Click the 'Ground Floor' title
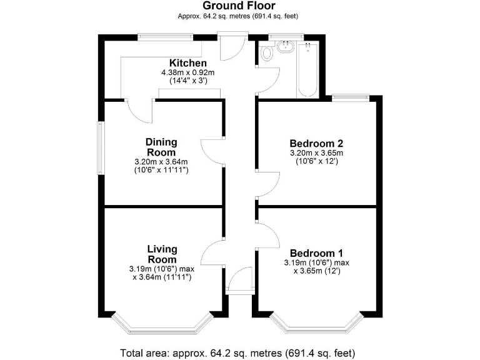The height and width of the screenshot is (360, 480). click(239, 6)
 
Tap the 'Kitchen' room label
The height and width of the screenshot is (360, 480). click(187, 63)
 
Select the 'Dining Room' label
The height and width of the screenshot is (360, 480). click(161, 147)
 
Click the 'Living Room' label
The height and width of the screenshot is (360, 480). click(162, 254)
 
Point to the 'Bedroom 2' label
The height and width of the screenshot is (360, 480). click(317, 142)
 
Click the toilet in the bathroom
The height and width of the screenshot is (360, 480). click(267, 54)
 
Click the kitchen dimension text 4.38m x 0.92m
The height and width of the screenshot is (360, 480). click(187, 72)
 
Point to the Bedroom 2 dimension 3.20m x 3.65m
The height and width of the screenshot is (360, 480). click(317, 152)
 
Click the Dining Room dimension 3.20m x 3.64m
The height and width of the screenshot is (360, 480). click(161, 161)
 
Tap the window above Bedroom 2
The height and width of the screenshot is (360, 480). click(350, 97)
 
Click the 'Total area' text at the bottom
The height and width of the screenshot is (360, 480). click(240, 351)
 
